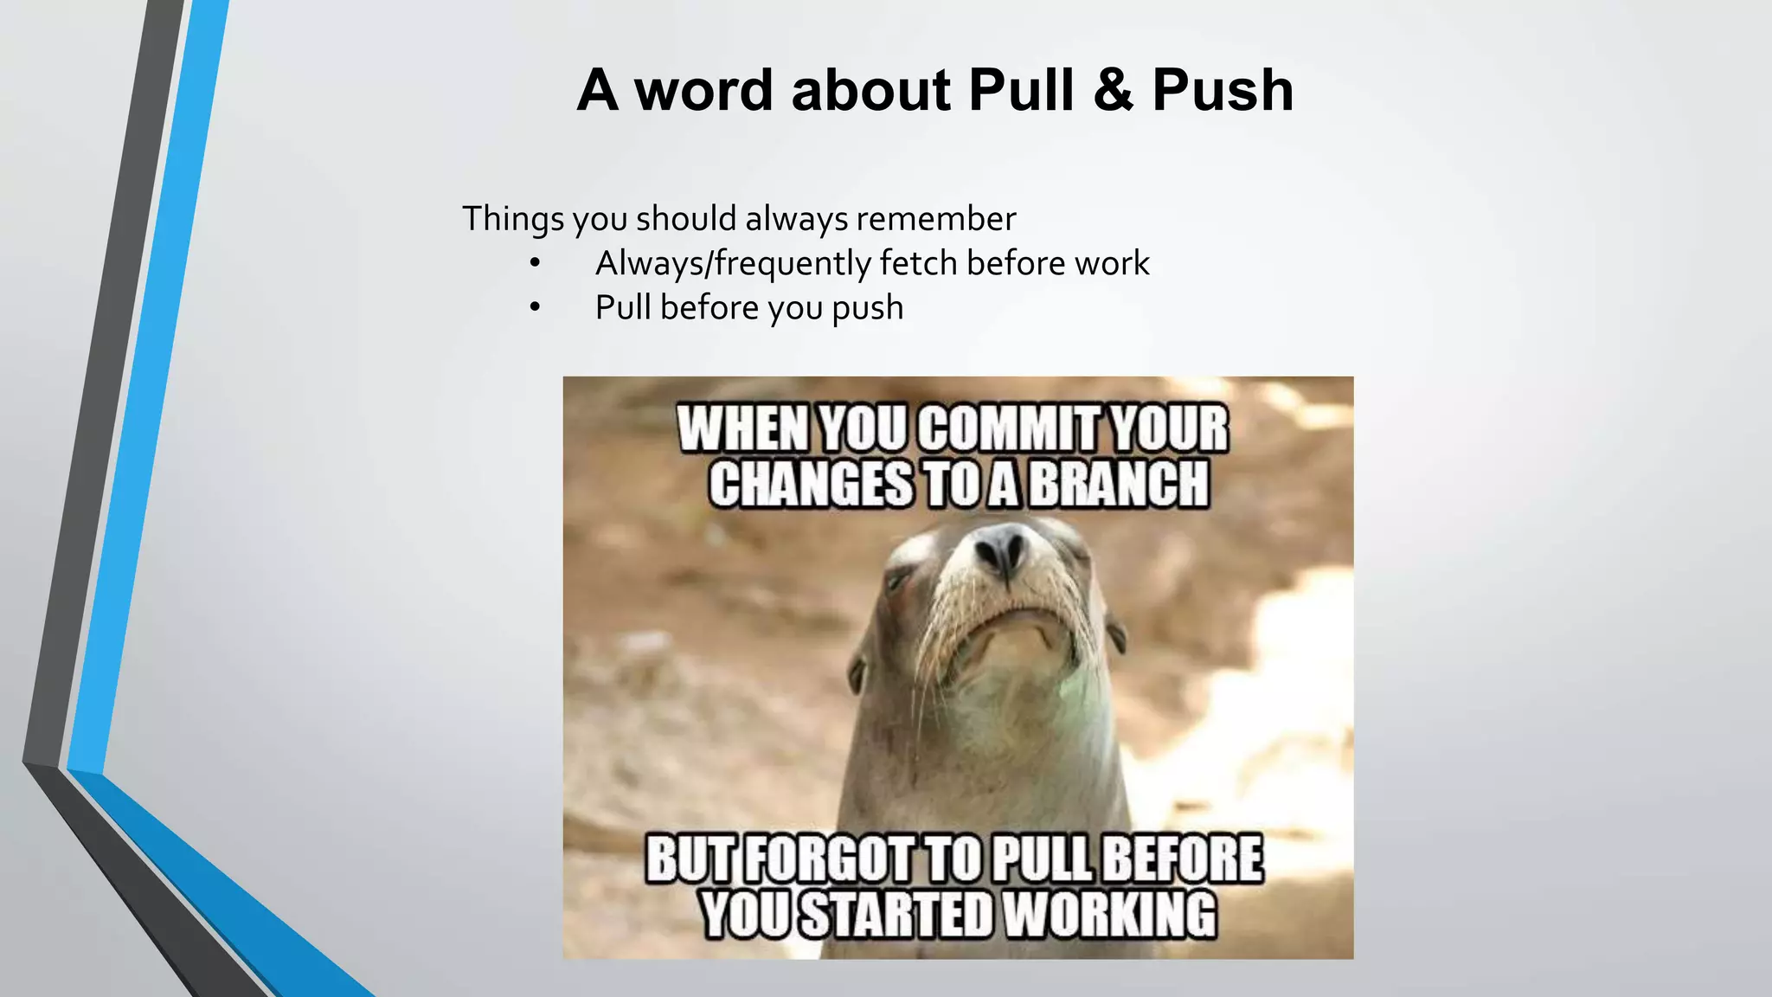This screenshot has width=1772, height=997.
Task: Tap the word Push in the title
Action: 1223,90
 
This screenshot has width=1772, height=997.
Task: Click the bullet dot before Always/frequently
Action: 536,263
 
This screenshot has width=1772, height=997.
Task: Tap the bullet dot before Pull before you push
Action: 536,308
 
